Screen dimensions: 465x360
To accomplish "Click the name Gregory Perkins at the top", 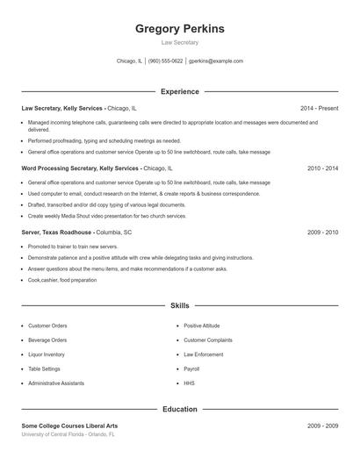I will tap(180, 29).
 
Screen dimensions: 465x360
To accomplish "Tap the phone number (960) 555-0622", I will tap(165, 61).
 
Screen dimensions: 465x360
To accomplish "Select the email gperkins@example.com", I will tap(217, 61).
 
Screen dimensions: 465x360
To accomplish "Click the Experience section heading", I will tap(180, 91).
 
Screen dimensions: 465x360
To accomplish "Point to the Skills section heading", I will tap(180, 305).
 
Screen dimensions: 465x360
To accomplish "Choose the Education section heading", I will tap(180, 409).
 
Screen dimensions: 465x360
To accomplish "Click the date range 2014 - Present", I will tap(319, 108).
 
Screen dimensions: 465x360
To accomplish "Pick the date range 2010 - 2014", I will tap(322, 168).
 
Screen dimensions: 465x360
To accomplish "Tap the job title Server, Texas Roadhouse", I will tap(57, 232).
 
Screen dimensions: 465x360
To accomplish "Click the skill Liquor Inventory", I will tap(47, 354).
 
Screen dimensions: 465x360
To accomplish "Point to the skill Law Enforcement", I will tap(203, 354).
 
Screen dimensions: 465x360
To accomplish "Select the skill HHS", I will tap(189, 383).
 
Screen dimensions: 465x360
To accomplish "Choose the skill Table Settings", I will tap(44, 369).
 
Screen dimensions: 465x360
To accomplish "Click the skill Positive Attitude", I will tap(201, 325).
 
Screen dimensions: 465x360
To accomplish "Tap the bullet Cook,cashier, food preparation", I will tap(62, 280).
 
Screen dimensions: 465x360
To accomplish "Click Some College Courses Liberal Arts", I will tap(69, 426).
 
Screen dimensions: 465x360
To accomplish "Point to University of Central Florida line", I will tap(68, 434).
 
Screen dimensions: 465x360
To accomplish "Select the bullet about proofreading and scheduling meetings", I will tap(104, 140).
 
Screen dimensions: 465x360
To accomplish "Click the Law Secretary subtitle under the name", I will tap(180, 42).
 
